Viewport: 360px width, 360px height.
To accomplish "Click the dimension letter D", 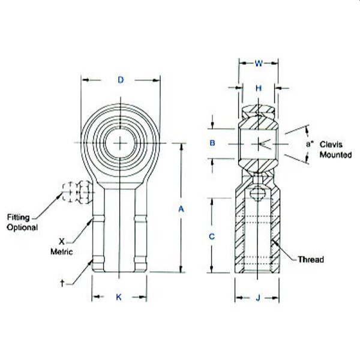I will [x=121, y=80].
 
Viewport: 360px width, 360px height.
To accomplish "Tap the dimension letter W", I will [x=259, y=62].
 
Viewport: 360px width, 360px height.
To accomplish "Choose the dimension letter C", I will [x=212, y=236].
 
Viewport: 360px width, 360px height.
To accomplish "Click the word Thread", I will [x=311, y=260].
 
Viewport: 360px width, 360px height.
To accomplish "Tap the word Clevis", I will [x=331, y=144].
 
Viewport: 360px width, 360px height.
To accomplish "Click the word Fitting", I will [x=19, y=217].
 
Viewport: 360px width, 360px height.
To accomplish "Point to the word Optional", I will [x=22, y=227].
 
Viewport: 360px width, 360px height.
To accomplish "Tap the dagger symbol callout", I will [x=62, y=281].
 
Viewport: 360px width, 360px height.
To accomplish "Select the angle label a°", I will [x=309, y=143].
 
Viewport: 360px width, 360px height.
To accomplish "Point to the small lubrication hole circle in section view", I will [x=259, y=193].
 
